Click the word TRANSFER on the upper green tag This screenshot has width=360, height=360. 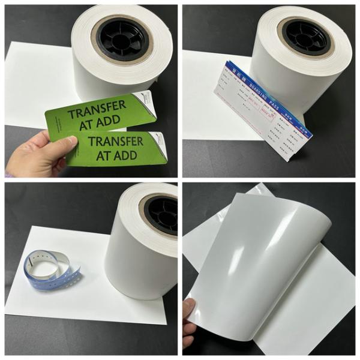tap(97, 108)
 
